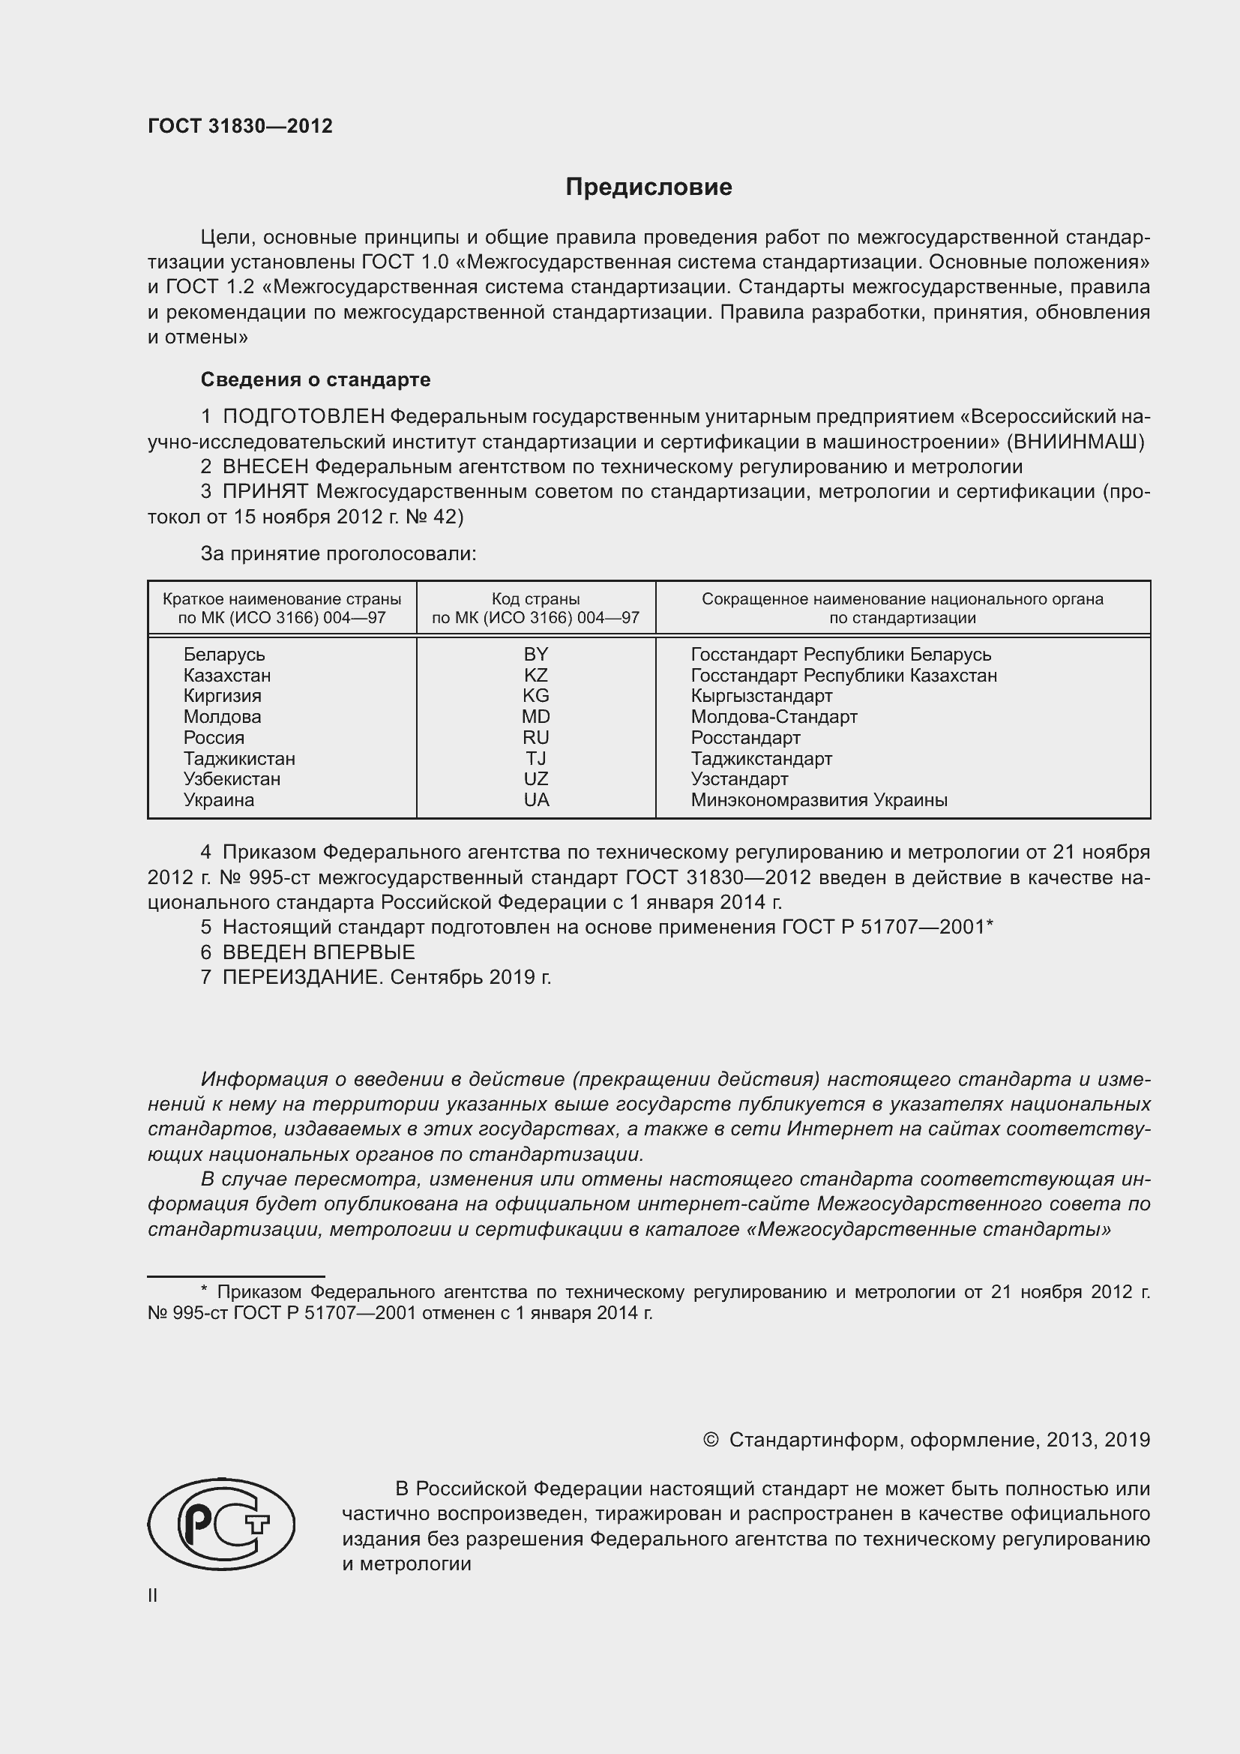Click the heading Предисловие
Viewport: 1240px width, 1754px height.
tap(648, 187)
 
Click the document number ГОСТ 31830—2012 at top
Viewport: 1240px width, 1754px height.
tap(240, 126)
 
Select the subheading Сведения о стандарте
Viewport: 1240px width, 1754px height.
tap(316, 379)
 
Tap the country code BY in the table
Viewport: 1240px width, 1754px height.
tap(536, 655)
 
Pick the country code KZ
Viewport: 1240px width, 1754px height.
tap(536, 676)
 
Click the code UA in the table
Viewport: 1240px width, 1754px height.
tap(536, 800)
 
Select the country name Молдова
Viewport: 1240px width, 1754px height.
tap(222, 717)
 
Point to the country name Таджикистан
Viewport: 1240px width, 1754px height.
tap(239, 759)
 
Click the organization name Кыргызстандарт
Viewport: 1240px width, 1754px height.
tap(761, 696)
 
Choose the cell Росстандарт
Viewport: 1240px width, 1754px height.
tap(745, 738)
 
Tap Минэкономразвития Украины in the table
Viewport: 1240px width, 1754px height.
tap(819, 800)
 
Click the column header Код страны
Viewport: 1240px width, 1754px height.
tap(535, 599)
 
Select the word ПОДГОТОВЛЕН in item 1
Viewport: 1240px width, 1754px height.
tap(303, 416)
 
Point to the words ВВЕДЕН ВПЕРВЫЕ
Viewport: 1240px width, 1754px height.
tap(319, 952)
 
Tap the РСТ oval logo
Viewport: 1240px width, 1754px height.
tap(221, 1524)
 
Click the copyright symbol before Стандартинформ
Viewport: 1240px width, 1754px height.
tap(710, 1440)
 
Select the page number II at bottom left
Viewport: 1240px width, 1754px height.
tap(153, 1595)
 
